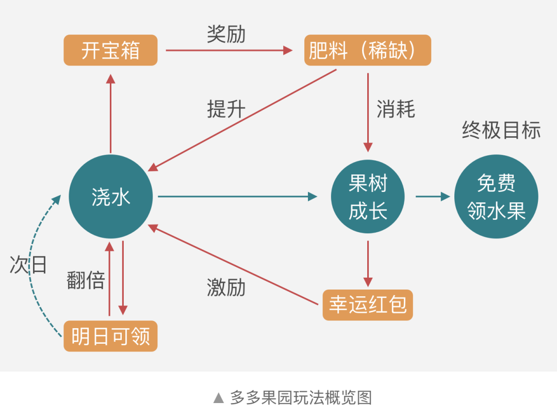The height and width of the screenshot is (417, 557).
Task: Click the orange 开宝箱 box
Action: coord(110,50)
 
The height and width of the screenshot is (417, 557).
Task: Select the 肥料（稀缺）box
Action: coord(367,50)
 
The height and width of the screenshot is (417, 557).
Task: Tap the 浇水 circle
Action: coord(111,197)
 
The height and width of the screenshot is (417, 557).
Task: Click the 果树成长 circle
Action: coord(368,197)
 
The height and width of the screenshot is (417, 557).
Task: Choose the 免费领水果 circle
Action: coord(496,197)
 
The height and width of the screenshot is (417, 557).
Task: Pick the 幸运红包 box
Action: coord(368,305)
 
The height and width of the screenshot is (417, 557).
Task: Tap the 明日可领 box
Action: coord(110,336)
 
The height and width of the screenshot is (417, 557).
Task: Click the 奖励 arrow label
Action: coord(226,34)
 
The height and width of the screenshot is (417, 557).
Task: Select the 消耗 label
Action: coord(396,109)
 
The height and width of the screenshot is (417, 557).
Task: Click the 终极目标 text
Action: coord(501,130)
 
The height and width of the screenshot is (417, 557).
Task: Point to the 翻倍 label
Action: coord(86,280)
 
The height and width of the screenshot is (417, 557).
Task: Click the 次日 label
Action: coord(28,265)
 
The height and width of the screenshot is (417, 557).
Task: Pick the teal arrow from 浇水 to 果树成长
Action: coord(237,196)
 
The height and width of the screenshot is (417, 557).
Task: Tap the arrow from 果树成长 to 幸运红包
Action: coord(368,263)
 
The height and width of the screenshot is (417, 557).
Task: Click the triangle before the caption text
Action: coord(219,398)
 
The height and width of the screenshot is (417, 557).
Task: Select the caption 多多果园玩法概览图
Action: coord(301,398)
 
